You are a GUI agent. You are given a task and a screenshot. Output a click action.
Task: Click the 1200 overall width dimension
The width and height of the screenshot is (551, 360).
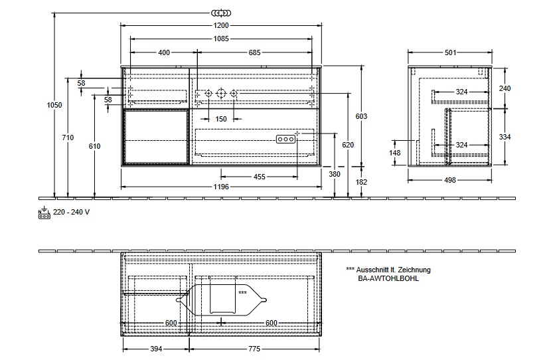221,25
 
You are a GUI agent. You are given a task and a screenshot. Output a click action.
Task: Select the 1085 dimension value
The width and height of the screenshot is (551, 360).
221,39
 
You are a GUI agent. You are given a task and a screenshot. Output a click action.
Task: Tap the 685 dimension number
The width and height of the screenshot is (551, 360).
254,52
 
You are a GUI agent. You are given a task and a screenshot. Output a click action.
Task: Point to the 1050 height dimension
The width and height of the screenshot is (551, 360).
54,105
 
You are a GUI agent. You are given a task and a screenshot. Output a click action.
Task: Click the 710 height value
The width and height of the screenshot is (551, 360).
68,137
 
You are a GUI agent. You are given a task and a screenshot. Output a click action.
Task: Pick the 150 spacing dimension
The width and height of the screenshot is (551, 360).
221,119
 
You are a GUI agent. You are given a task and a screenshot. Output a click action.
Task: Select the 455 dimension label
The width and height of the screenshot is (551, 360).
260,177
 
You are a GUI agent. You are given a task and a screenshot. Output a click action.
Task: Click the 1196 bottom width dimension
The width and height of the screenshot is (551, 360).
221,187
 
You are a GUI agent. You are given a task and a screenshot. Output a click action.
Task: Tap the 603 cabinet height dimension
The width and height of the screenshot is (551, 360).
361,116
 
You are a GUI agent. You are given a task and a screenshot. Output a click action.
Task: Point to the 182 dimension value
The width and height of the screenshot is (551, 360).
361,182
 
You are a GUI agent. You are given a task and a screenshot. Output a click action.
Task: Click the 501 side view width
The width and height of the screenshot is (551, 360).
450,52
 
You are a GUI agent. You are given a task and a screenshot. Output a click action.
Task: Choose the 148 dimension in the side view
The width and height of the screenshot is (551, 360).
395,153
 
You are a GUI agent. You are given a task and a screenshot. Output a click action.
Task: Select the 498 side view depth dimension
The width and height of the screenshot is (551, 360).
450,180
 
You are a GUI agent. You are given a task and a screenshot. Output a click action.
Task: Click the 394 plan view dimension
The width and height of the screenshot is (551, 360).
156,349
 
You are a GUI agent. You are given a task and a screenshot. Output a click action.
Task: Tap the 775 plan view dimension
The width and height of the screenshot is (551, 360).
254,349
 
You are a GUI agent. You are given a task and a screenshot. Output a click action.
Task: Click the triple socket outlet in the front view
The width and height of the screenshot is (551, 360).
285,139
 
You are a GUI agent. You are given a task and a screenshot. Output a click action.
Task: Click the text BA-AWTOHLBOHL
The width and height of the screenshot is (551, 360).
388,278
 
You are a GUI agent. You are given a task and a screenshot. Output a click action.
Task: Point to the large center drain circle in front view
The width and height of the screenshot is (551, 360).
220,93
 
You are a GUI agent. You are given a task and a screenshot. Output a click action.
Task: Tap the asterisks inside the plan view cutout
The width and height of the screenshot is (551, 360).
242,292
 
